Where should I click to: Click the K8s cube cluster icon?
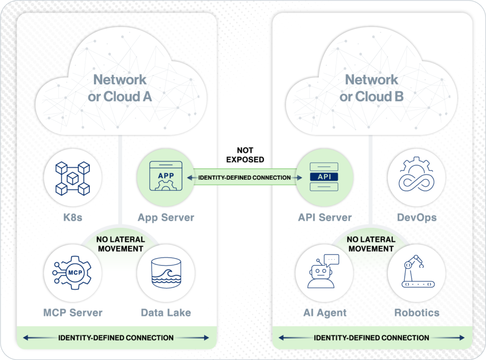point(72,178)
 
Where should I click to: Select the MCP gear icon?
point(72,273)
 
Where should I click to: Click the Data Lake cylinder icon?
point(166,273)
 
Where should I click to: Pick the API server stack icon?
point(324,176)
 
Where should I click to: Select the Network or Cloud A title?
point(120,88)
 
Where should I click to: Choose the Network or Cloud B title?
point(371,88)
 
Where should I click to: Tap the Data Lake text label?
point(166,313)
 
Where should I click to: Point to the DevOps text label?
point(416,218)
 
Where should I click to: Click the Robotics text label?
point(416,313)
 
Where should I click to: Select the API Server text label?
point(325,218)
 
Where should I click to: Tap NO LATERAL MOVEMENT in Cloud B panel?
point(370,244)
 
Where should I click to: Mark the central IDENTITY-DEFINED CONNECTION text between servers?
point(244,177)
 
